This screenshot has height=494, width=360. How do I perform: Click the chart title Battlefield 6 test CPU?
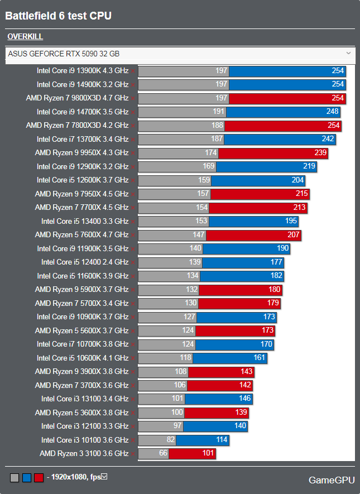[59, 16]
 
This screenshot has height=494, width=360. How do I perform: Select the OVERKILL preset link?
[25, 37]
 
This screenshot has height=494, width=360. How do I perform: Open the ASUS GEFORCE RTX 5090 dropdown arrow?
[348, 54]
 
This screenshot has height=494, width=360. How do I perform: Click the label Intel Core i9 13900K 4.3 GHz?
[83, 71]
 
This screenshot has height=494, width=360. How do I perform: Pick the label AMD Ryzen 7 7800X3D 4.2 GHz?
[77, 126]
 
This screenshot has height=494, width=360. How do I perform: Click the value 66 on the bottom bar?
[163, 453]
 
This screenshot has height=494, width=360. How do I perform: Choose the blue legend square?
[27, 478]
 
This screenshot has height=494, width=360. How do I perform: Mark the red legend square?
[39, 478]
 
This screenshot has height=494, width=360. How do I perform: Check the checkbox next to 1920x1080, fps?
[104, 477]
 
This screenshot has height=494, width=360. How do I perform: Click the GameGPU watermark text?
[332, 479]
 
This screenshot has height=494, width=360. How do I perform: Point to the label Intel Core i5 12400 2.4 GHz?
[85, 262]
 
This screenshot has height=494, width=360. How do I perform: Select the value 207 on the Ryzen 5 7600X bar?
[294, 235]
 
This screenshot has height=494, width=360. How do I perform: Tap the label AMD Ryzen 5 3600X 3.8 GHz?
[81, 413]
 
